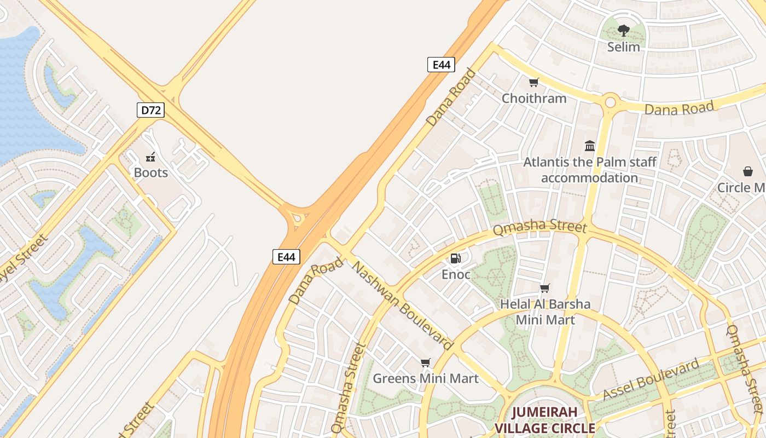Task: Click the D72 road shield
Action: pyautogui.click(x=150, y=110)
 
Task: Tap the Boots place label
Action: pyautogui.click(x=151, y=172)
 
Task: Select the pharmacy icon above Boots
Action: pyautogui.click(x=150, y=158)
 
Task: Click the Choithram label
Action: pyautogui.click(x=534, y=99)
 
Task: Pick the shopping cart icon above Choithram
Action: pyautogui.click(x=534, y=83)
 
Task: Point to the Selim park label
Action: pyautogui.click(x=623, y=47)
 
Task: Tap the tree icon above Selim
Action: pyautogui.click(x=623, y=31)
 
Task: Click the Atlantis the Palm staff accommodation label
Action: pyautogui.click(x=589, y=170)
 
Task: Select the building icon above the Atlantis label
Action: pyautogui.click(x=590, y=146)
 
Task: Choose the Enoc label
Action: pyautogui.click(x=456, y=274)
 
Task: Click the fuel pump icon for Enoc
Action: pyautogui.click(x=456, y=258)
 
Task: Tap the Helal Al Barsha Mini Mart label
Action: pyautogui.click(x=546, y=312)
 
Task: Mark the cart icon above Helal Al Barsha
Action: pyautogui.click(x=545, y=288)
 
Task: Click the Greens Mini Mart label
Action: pyautogui.click(x=425, y=378)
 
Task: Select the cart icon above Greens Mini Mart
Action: pyautogui.click(x=425, y=362)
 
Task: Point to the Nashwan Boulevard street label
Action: pyautogui.click(x=403, y=306)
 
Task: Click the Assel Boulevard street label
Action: pyautogui.click(x=651, y=379)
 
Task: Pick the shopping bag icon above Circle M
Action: pyautogui.click(x=748, y=171)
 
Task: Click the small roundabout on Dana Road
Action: pyautogui.click(x=610, y=102)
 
